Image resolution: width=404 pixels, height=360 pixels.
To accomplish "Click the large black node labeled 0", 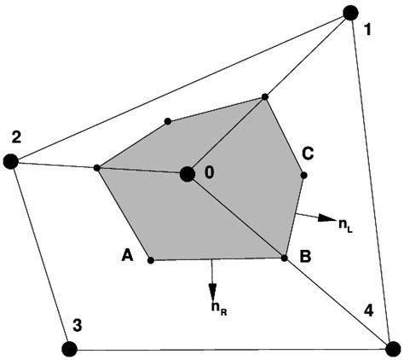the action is pyautogui.click(x=187, y=174).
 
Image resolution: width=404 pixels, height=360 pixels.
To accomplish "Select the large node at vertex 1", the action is pyautogui.click(x=349, y=12).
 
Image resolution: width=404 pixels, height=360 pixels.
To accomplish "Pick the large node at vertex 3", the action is pyautogui.click(x=69, y=347).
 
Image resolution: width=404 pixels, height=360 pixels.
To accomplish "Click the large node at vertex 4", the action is pyautogui.click(x=392, y=348).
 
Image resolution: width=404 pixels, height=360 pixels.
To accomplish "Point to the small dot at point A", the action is pyautogui.click(x=150, y=259).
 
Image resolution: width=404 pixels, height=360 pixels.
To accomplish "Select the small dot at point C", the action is pyautogui.click(x=303, y=175).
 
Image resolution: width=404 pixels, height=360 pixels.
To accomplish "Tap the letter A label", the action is pyautogui.click(x=127, y=254).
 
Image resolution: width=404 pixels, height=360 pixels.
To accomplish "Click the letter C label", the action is pyautogui.click(x=309, y=154).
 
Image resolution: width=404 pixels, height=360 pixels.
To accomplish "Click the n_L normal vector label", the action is pyautogui.click(x=345, y=225).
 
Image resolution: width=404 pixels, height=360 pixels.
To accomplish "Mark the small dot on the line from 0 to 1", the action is pyautogui.click(x=265, y=96).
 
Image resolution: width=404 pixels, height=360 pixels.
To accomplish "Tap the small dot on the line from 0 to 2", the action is pyautogui.click(x=97, y=168).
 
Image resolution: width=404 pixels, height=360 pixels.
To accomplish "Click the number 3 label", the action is pyautogui.click(x=77, y=324).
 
